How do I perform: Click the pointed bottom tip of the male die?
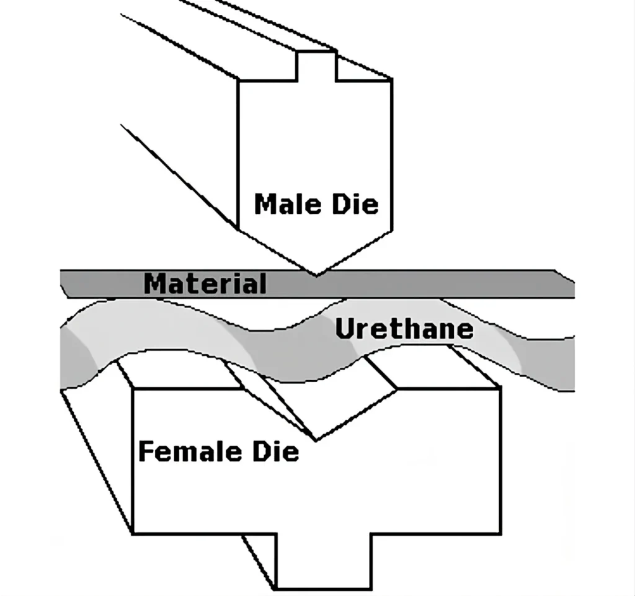coord(316,276)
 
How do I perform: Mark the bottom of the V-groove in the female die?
coord(316,440)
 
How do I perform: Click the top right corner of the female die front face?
coord(501,388)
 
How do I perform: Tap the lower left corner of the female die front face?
coord(133,533)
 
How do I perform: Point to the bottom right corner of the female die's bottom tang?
coord(371,589)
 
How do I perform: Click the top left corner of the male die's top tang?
coord(298,51)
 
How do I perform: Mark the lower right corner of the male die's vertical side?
coord(392,231)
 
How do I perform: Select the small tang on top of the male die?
coord(317,66)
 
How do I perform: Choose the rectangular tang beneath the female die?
coord(324,561)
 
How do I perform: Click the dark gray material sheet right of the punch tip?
coord(445,283)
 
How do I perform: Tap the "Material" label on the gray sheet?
coord(205,283)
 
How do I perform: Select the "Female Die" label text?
coord(219,451)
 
